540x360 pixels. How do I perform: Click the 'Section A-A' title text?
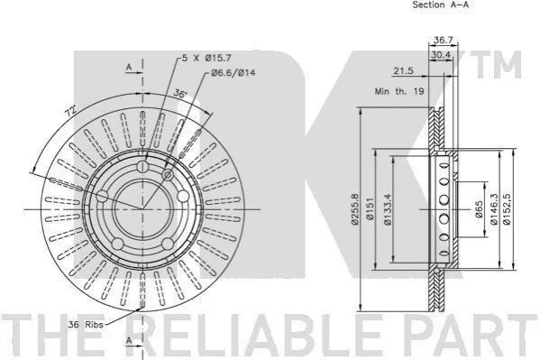pyautogui.click(x=441, y=5)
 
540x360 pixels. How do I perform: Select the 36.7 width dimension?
pyautogui.click(x=443, y=40)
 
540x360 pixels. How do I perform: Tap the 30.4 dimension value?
pyautogui.click(x=441, y=55)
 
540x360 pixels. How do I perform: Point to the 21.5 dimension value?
pyautogui.click(x=403, y=71)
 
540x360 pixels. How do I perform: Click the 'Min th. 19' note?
pyautogui.click(x=399, y=92)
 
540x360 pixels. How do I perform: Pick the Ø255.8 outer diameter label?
pyautogui.click(x=355, y=209)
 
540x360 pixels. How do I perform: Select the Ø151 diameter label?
pyautogui.click(x=370, y=209)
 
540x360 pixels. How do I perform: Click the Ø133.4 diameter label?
pyautogui.click(x=388, y=209)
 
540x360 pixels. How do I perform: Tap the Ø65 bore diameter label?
pyautogui.click(x=479, y=209)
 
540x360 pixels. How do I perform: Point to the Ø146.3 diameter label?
pyautogui.click(x=494, y=209)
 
